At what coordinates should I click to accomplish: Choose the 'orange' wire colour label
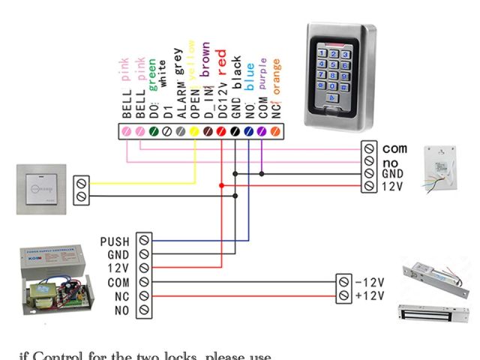tap(276, 76)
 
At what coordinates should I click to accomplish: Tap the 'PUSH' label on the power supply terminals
tap(114, 241)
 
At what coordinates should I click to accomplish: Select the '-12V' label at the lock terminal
tap(369, 283)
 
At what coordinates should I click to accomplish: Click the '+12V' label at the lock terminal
tap(369, 296)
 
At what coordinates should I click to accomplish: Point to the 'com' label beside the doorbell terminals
tap(395, 149)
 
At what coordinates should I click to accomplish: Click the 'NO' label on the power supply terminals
tap(121, 310)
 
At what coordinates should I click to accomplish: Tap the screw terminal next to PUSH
tap(143, 241)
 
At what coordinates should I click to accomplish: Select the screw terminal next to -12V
tap(344, 283)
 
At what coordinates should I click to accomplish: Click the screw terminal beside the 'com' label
tap(369, 149)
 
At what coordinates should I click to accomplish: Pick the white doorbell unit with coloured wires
tap(442, 170)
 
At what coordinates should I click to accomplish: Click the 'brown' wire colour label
tap(205, 61)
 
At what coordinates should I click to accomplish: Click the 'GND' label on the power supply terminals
tap(118, 255)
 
